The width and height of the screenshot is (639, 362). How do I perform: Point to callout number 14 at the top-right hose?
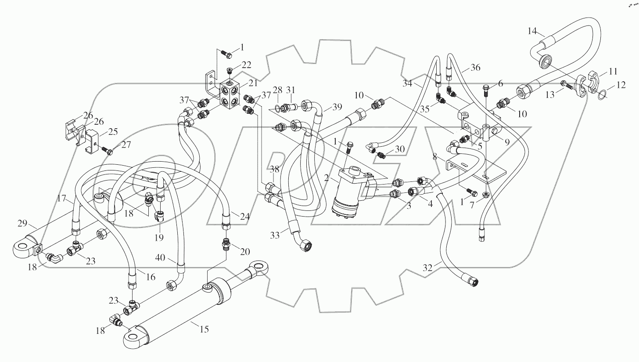coord(532,31)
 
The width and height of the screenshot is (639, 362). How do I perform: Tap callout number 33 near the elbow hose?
coord(275,235)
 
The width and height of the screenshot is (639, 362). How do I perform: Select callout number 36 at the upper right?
coord(475,68)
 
